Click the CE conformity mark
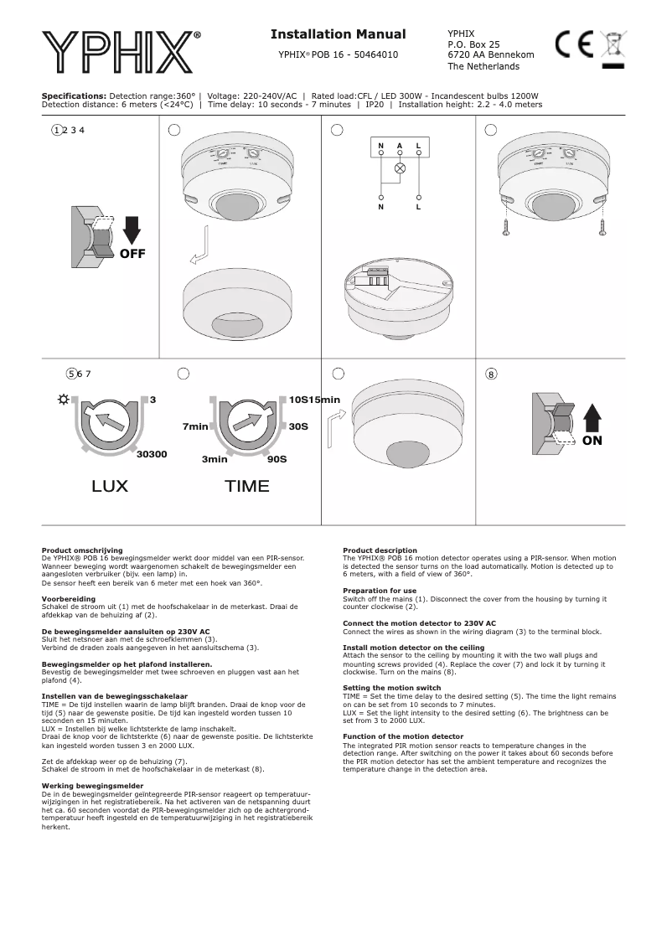574,44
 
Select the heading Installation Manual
338,34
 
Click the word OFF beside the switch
132,255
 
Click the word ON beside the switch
592,441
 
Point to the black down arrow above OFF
132,230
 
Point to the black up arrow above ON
592,416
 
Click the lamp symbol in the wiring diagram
400,168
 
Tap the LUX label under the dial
110,487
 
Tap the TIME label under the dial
247,487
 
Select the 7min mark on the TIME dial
195,427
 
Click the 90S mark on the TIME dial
277,460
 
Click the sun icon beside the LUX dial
64,400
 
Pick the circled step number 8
491,374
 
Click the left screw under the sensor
504,226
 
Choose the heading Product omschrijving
82,550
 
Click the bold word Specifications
74,96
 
